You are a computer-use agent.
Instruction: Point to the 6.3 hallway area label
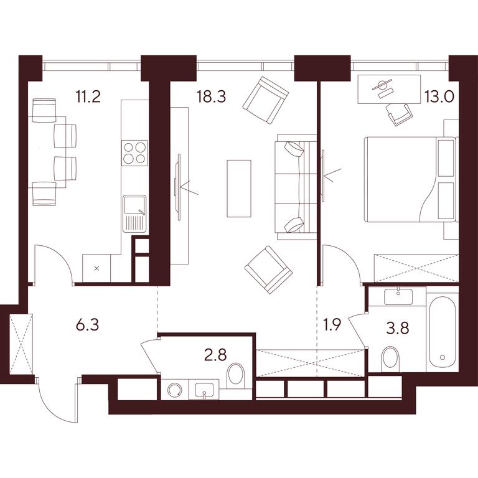88,325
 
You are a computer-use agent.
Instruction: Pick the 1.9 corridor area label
331,325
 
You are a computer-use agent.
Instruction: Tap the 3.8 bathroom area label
397,329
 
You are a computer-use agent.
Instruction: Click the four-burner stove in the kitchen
134,152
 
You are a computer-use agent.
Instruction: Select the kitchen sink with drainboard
134,213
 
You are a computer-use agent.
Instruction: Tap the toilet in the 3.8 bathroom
391,358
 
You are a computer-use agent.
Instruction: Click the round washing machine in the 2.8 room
174,389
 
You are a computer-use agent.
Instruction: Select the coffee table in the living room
239,189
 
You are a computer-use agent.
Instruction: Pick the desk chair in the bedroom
398,114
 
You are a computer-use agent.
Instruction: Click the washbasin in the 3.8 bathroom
398,296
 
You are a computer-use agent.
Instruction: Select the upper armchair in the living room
266,100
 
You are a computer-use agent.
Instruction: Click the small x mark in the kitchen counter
96,268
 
